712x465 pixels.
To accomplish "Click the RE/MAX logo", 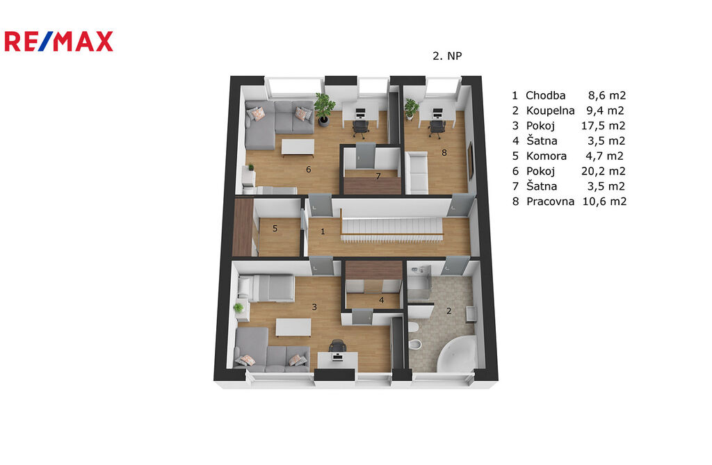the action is pyautogui.click(x=58, y=41).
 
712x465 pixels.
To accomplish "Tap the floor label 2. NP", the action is pyautogui.click(x=447, y=56).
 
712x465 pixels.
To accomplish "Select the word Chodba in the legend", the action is pyautogui.click(x=545, y=95).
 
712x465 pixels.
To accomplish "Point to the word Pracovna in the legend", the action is pyautogui.click(x=551, y=201).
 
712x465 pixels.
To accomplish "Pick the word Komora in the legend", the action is pyautogui.click(x=547, y=156).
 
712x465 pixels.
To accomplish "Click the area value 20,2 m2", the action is pyautogui.click(x=604, y=171).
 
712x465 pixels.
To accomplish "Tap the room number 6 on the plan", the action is pyautogui.click(x=308, y=170).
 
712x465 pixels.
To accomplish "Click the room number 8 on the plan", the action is pyautogui.click(x=444, y=153).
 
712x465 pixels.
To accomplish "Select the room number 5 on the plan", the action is pyautogui.click(x=275, y=229).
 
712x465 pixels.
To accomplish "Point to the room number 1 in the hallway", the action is pyautogui.click(x=323, y=231).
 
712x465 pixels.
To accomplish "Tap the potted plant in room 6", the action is pyautogui.click(x=324, y=109).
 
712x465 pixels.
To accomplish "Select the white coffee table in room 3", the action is pyautogui.click(x=293, y=327).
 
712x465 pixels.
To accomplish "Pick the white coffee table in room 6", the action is pyautogui.click(x=298, y=147).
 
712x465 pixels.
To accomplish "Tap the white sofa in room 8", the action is pyautogui.click(x=416, y=173).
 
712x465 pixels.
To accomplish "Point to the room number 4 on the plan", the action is pyautogui.click(x=382, y=300).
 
